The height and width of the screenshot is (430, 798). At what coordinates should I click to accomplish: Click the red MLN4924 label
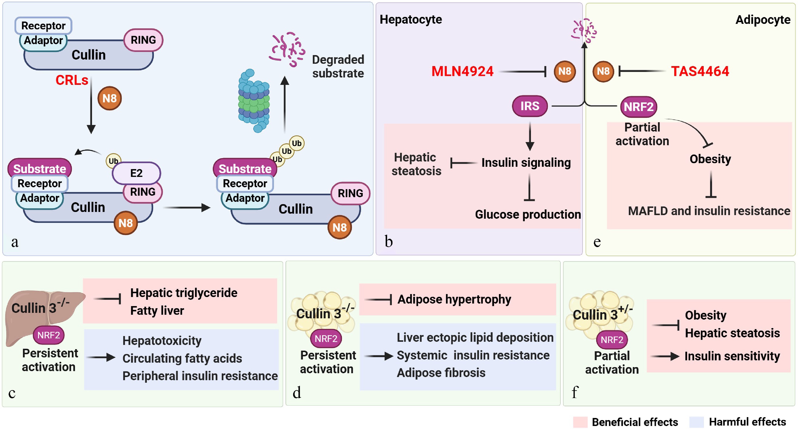tap(462, 71)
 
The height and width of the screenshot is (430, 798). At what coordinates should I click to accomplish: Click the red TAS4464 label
tap(700, 71)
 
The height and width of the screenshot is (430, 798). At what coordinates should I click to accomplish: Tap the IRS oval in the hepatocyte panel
tap(530, 106)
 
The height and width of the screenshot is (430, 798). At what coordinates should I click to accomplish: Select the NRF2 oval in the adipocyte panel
tap(638, 107)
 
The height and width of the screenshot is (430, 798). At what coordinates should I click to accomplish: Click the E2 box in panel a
tap(136, 173)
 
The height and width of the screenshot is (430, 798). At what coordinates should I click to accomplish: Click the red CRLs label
tap(72, 80)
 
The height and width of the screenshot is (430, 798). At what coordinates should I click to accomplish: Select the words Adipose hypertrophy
tap(454, 299)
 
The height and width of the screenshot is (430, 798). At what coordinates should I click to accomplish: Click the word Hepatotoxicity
tap(162, 340)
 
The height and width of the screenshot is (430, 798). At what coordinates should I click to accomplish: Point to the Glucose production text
tap(528, 214)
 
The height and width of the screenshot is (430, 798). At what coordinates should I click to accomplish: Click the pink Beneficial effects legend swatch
tap(580, 422)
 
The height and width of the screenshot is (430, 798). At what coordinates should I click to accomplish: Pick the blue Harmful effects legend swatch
tap(697, 422)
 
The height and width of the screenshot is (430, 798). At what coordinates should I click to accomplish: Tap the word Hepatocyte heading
tap(411, 19)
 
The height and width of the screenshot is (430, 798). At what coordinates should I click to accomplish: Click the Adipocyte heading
tap(763, 20)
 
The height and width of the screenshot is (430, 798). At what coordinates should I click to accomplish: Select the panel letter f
tap(575, 392)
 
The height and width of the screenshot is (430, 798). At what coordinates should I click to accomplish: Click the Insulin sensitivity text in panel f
tap(732, 356)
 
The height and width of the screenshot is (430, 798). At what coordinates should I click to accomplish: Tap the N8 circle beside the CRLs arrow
tap(110, 99)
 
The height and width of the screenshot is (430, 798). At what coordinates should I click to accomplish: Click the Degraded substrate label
tap(338, 66)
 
